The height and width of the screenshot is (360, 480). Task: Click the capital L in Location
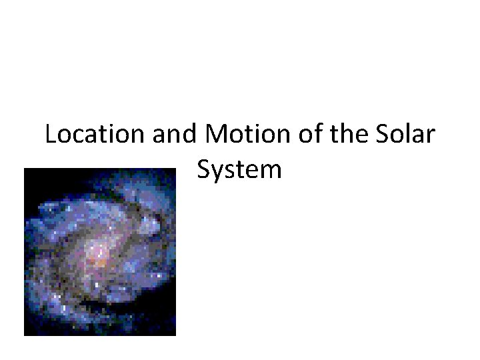(x=51, y=136)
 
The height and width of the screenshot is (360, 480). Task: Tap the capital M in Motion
(x=218, y=136)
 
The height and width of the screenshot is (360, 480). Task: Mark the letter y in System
(x=217, y=173)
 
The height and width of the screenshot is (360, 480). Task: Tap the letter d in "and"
(x=190, y=135)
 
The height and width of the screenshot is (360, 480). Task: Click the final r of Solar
(x=431, y=138)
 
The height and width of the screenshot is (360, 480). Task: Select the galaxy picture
(x=100, y=252)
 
